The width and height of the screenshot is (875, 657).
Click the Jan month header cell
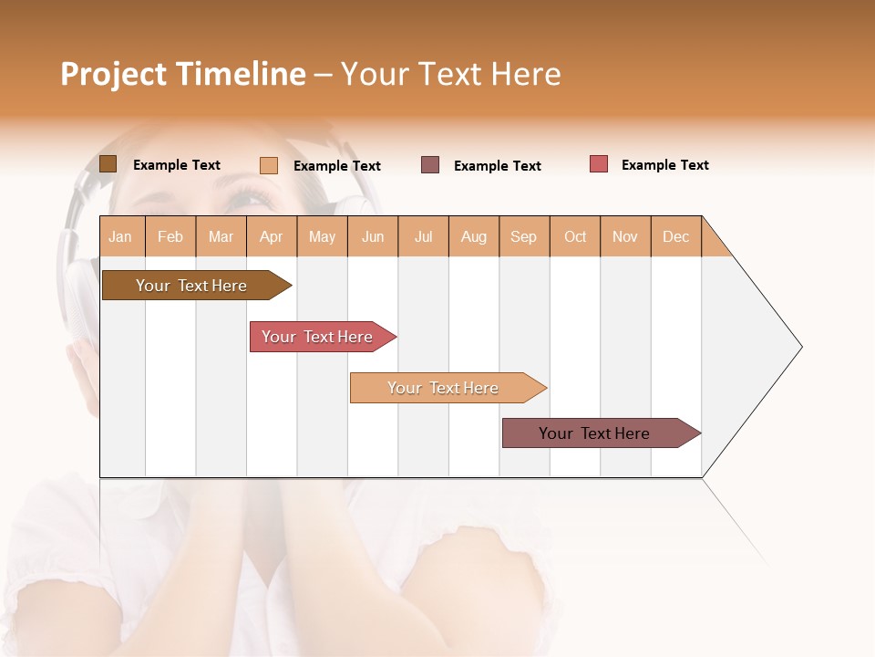(x=121, y=236)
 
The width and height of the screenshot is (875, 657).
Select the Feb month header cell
(x=170, y=236)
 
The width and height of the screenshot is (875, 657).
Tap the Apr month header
(x=272, y=236)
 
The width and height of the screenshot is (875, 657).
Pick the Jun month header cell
(x=373, y=236)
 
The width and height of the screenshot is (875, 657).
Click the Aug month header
(x=474, y=236)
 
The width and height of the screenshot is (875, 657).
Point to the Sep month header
(x=524, y=236)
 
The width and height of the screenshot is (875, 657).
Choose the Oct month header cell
(x=575, y=236)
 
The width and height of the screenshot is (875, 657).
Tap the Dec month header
(x=676, y=236)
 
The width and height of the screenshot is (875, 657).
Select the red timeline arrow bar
(x=319, y=337)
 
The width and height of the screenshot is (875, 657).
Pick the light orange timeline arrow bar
(x=444, y=388)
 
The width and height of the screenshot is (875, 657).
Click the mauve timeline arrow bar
(x=596, y=433)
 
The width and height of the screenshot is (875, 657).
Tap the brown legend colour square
(x=108, y=164)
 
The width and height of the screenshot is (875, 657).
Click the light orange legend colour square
(x=269, y=165)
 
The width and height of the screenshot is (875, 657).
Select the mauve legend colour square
(x=430, y=165)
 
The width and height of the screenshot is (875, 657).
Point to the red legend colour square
(x=599, y=164)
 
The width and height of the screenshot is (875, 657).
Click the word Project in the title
(x=113, y=75)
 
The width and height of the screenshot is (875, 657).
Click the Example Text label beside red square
(x=664, y=165)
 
